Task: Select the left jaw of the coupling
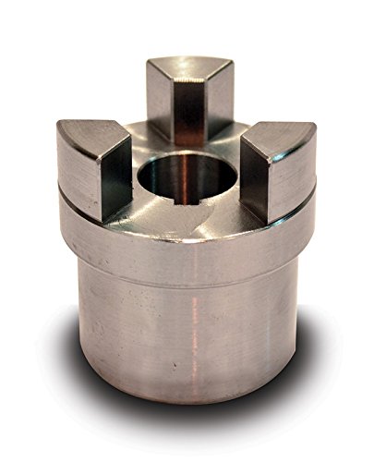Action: click(92, 166)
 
